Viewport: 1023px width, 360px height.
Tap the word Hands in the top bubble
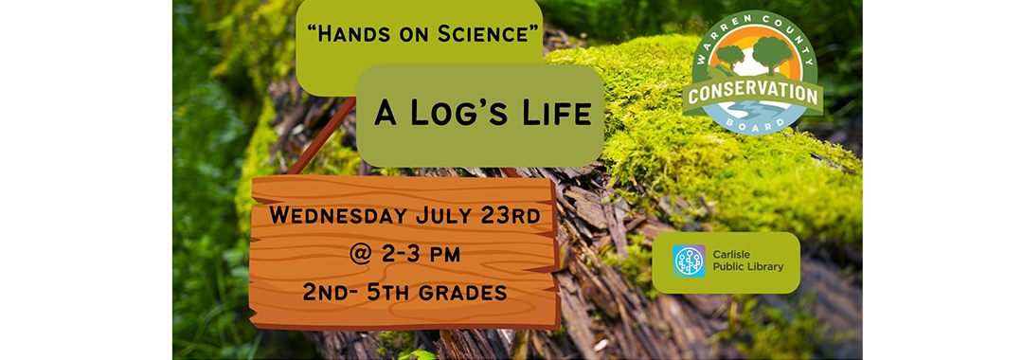tap(345, 34)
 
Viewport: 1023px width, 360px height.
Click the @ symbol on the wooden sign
tap(360, 254)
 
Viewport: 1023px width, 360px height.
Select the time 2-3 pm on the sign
tap(419, 254)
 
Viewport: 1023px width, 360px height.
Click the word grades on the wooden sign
tap(464, 293)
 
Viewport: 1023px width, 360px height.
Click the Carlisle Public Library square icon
tap(689, 261)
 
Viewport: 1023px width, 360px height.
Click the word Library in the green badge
tap(763, 267)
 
